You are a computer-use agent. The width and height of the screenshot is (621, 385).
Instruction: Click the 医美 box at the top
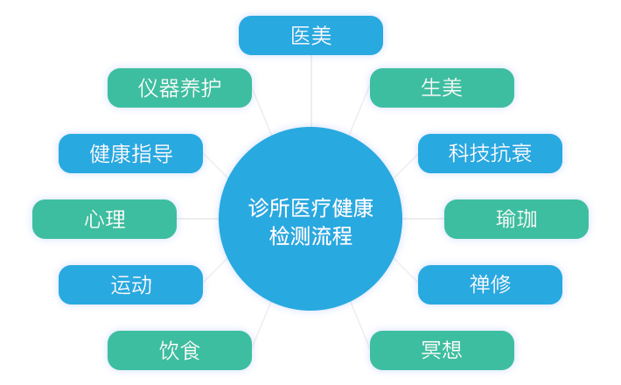tap(310, 36)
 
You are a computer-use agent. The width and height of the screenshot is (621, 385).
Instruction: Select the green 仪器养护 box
tap(179, 87)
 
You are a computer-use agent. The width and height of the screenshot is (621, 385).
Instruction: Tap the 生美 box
tap(442, 87)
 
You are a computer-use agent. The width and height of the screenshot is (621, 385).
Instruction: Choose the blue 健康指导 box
tap(130, 154)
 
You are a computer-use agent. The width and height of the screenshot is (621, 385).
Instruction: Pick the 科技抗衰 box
tap(490, 154)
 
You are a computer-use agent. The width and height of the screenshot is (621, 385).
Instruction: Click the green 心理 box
tap(104, 219)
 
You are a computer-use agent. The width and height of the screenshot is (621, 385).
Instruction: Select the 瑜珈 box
tap(516, 219)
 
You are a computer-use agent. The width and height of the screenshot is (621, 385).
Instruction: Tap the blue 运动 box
tap(130, 284)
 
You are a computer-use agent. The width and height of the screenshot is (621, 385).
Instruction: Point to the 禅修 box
tap(490, 284)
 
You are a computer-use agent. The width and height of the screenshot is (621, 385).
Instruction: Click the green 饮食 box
tap(179, 350)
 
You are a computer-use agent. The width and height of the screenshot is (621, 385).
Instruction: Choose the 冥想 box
tap(442, 350)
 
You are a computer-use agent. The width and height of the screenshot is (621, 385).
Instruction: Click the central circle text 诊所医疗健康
tap(310, 209)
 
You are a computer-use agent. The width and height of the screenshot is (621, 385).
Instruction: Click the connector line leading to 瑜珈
tap(423, 219)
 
